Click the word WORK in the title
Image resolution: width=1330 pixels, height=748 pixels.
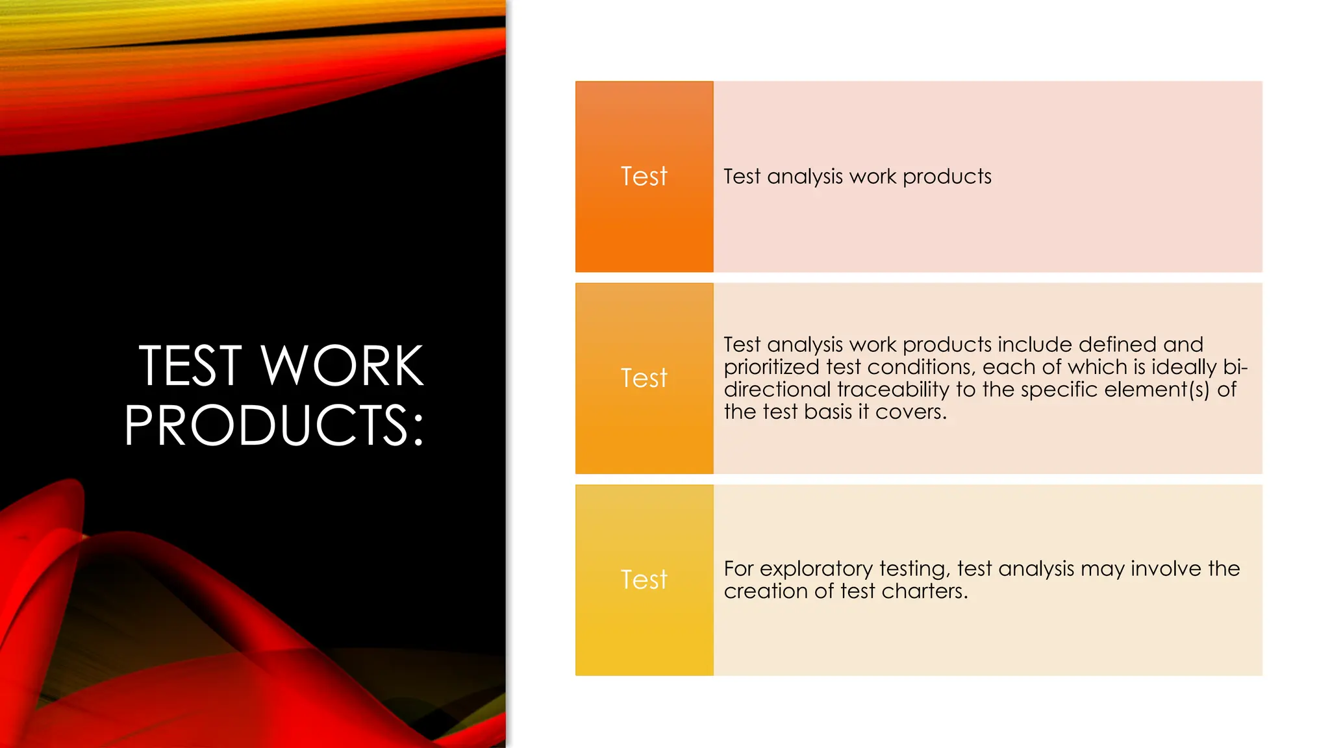342,366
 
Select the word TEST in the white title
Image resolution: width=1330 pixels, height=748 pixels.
190,366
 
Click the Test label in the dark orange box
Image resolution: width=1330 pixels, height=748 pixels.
644,177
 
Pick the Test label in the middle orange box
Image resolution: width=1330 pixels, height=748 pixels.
644,379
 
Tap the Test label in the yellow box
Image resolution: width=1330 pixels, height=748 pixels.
644,580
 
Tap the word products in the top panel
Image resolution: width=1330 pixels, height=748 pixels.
947,177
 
